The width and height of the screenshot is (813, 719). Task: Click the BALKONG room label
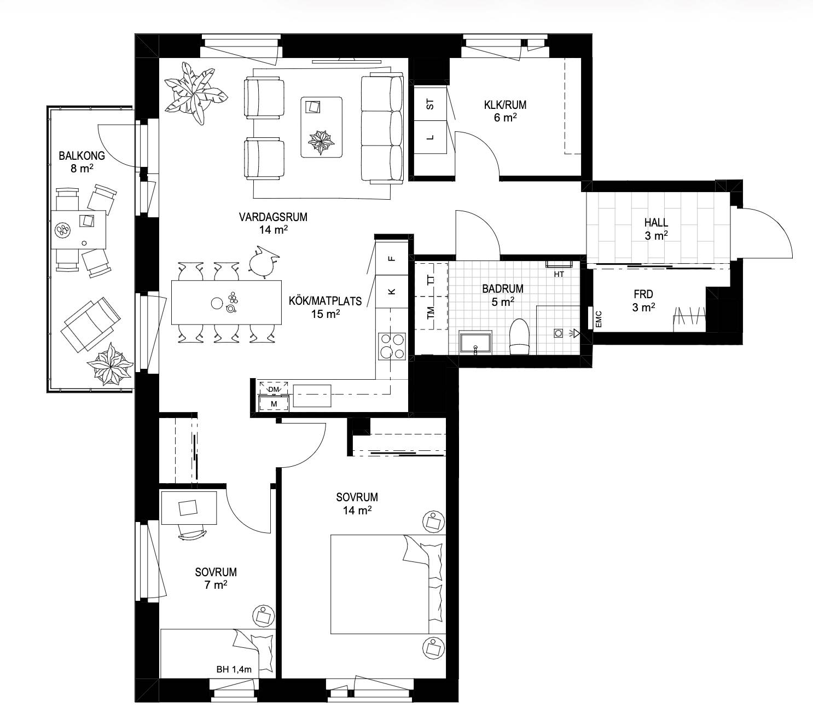82,156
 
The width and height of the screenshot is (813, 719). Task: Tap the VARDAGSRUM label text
273,217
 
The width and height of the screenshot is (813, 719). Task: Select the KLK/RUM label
505,105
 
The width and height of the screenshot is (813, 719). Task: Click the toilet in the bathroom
519,337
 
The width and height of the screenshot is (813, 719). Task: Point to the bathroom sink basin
475,343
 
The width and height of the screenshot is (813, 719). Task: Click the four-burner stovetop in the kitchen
392,346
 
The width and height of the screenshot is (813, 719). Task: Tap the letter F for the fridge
392,258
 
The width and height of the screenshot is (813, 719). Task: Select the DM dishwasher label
274,390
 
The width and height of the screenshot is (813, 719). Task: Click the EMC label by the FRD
599,319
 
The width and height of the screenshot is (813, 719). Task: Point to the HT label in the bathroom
559,275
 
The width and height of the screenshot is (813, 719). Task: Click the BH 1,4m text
234,669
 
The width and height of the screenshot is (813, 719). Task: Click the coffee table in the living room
322,127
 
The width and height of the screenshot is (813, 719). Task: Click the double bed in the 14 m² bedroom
388,584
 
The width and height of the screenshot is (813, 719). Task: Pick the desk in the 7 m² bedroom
189,507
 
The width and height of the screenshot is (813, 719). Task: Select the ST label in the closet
430,105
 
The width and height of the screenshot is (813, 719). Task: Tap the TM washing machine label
431,313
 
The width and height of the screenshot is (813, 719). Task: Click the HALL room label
656,222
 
